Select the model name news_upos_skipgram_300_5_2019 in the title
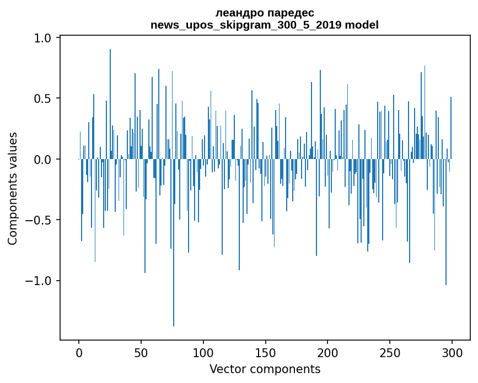pos(246,25)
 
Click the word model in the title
pos(362,25)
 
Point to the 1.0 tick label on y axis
pos(42,38)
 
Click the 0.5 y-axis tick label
pos(42,99)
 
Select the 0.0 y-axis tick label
pos(42,159)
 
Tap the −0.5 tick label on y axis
pos(39,220)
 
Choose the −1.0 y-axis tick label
pos(39,281)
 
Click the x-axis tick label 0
pos(79,353)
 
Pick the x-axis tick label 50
pos(141,353)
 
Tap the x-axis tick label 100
pos(203,353)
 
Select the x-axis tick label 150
pos(265,353)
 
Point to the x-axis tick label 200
pos(327,353)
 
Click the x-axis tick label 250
pos(390,353)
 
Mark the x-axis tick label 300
pos(452,353)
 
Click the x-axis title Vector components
pos(265,369)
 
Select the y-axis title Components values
pos(13,189)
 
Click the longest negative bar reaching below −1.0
pos(174,243)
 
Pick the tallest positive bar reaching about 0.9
pos(110,104)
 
